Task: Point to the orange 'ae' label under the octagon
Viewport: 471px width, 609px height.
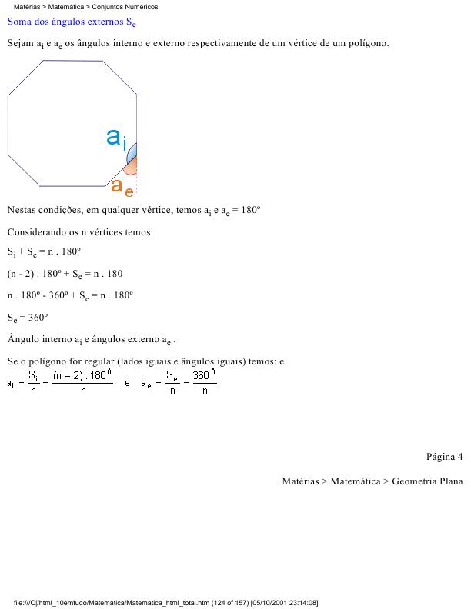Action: pyautogui.click(x=122, y=187)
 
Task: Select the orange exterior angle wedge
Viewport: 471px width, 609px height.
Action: pyautogui.click(x=133, y=165)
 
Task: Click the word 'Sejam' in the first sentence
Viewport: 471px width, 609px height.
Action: pyautogui.click(x=20, y=43)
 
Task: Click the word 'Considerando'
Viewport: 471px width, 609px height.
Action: pyautogui.click(x=35, y=231)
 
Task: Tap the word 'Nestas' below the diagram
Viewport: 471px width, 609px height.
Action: pyautogui.click(x=21, y=210)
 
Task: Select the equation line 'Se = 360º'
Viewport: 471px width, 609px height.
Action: pyautogui.click(x=28, y=317)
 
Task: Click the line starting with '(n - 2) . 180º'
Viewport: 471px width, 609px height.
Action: pyautogui.click(x=65, y=274)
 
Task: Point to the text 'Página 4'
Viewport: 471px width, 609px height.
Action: pyautogui.click(x=444, y=457)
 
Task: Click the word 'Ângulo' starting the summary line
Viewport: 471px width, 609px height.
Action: pyautogui.click(x=23, y=338)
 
